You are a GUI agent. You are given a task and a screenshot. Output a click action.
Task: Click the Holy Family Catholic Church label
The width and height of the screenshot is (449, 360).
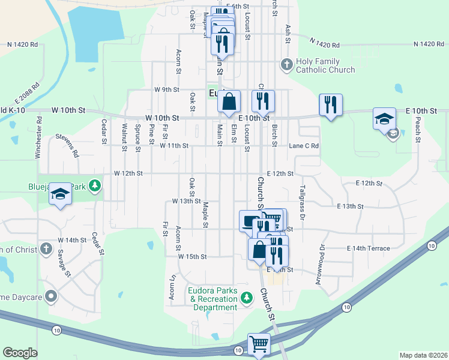coord(326,65)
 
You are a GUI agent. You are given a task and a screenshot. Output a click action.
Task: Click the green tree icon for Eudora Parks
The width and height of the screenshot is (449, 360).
coord(246,296)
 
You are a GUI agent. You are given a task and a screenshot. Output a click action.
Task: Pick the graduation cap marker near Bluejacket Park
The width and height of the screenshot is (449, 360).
coord(59,194)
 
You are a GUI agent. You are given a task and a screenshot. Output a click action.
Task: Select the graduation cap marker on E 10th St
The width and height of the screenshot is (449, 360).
coord(384,119)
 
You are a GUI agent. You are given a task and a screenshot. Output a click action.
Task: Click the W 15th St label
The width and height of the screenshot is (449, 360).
coord(192,256)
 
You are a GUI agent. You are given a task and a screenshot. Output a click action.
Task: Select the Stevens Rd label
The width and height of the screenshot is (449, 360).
coord(67,146)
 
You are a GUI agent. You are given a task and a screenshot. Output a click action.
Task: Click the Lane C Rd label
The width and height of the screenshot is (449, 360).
coord(303,146)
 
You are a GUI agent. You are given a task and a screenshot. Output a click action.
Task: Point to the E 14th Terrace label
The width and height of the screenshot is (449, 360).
coord(368,248)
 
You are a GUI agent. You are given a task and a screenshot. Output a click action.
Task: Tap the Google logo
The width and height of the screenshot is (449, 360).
coord(20,353)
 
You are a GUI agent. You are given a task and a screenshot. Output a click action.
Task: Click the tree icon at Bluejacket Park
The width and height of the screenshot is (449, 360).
coord(94,186)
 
